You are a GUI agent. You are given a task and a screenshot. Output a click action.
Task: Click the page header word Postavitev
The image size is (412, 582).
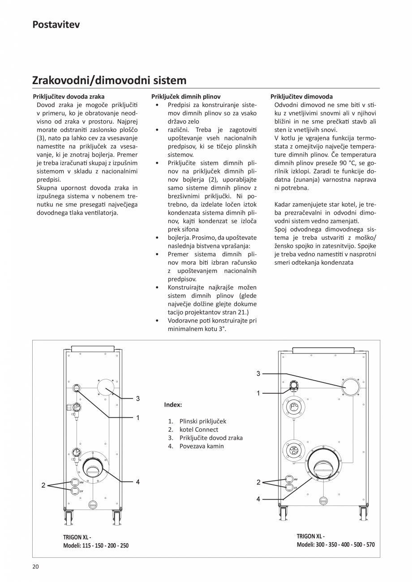click(56, 25)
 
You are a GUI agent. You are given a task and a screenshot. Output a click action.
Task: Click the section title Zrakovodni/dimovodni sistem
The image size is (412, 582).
click(109, 81)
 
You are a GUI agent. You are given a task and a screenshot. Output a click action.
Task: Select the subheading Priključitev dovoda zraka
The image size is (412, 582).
click(69, 96)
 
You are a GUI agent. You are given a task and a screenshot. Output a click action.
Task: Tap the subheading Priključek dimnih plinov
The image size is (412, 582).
click(186, 96)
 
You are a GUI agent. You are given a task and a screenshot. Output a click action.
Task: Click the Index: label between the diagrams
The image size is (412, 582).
click(173, 404)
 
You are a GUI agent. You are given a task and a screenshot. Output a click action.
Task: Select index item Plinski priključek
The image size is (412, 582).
click(202, 421)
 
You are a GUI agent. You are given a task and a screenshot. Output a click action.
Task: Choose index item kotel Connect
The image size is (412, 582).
click(199, 429)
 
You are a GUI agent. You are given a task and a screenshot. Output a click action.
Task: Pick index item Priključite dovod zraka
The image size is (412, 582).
click(210, 438)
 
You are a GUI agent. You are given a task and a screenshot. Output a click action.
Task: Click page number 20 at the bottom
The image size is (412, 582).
click(35, 567)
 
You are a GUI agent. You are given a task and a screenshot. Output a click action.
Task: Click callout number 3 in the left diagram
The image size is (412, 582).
click(138, 398)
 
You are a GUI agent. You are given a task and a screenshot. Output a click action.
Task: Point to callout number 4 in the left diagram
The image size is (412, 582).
click(138, 482)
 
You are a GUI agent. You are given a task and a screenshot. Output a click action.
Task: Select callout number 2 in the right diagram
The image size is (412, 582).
click(258, 482)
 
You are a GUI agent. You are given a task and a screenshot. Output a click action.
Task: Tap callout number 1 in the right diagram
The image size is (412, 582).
click(258, 393)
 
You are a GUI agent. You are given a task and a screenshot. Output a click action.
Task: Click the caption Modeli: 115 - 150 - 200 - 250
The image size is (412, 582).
click(96, 545)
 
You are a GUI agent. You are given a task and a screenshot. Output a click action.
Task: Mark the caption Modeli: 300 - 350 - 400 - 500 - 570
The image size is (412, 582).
click(335, 544)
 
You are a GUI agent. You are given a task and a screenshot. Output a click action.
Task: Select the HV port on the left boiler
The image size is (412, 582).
click(75, 482)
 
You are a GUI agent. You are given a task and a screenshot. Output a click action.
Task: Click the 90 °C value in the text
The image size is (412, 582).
click(343, 163)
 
